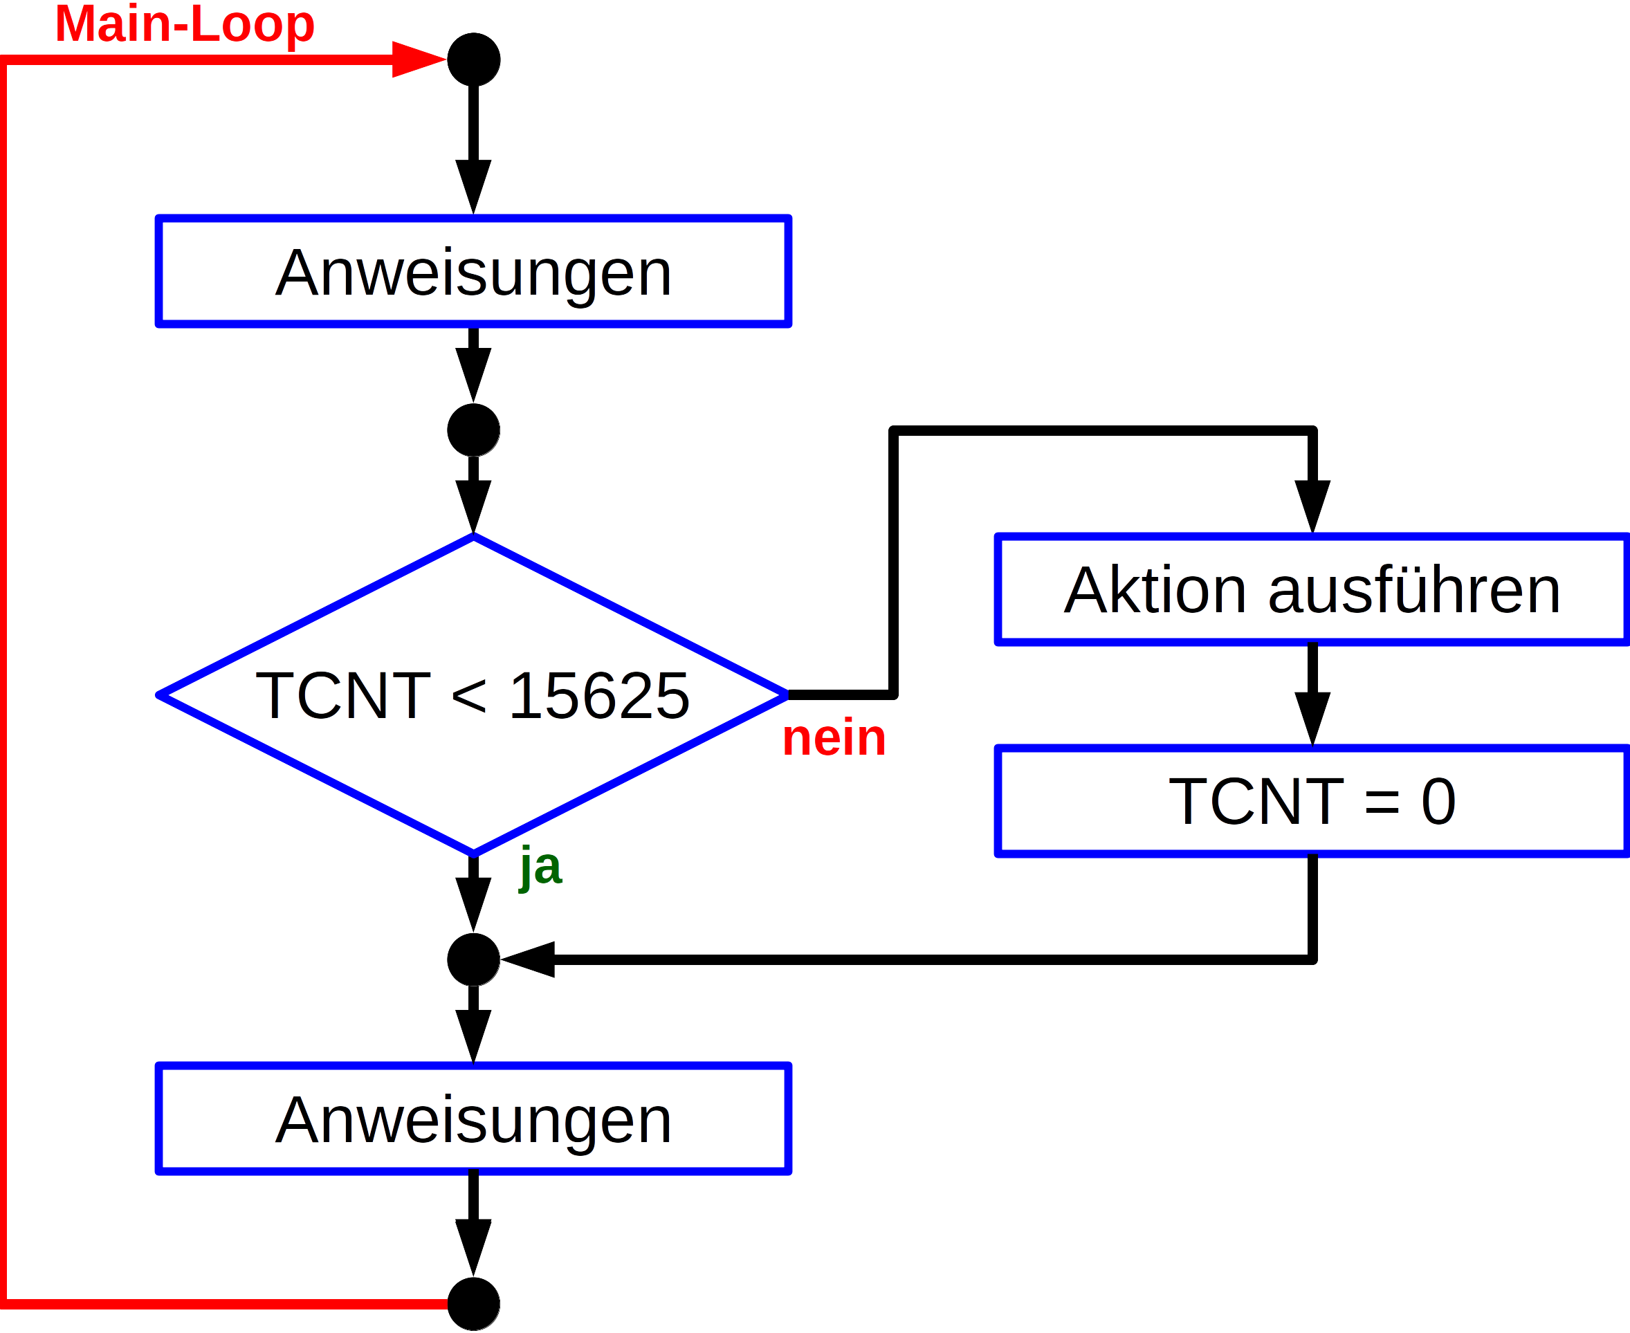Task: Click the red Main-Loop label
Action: click(184, 25)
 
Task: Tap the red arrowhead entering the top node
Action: click(417, 59)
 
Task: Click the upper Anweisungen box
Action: click(473, 271)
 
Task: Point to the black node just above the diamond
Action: click(474, 430)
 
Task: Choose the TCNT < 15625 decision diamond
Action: click(473, 695)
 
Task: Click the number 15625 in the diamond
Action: click(599, 696)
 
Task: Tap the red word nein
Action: click(834, 738)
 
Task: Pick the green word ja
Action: click(540, 867)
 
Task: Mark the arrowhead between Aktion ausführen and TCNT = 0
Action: click(1312, 717)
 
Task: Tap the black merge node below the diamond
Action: click(474, 960)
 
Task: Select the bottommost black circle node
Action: click(474, 1304)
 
